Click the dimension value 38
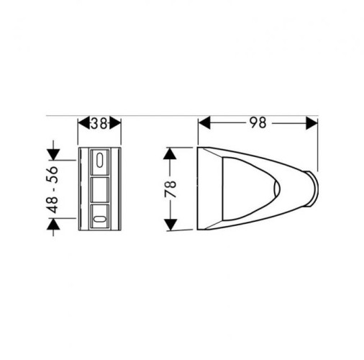[x=100, y=123]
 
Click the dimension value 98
[x=257, y=123]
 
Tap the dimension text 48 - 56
[x=53, y=190]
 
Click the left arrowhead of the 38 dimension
[x=81, y=123]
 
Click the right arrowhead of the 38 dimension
[x=118, y=123]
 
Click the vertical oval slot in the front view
[x=100, y=160]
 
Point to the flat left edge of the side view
[x=198, y=189]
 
